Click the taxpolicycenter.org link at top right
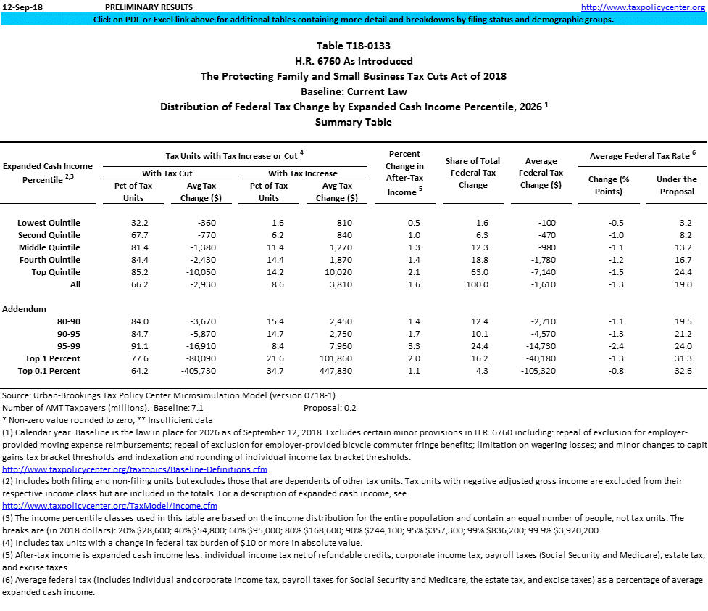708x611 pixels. point(644,7)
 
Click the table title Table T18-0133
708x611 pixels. point(354,46)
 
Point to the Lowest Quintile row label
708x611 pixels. point(49,223)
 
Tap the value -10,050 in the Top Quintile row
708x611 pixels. point(196,272)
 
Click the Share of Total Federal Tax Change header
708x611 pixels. point(473,173)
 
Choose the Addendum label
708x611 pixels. point(25,309)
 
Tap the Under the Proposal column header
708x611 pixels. point(676,185)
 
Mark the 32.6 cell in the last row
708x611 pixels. point(683,371)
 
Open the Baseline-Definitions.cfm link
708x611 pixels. point(135,469)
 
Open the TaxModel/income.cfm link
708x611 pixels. point(110,506)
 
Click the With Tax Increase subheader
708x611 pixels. point(303,173)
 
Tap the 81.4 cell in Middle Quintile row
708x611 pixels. point(139,247)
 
